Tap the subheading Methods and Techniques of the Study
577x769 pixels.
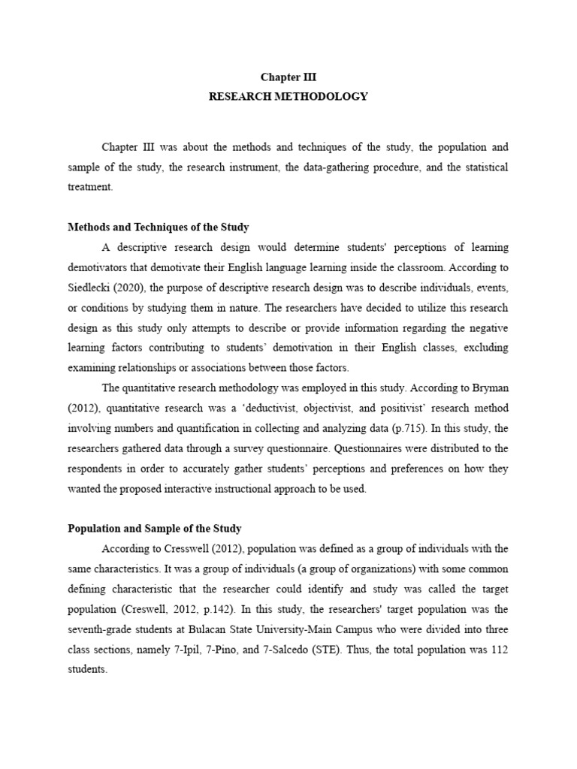[x=159, y=227]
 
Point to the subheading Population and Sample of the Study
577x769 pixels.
[x=154, y=529]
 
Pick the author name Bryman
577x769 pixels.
[x=489, y=388]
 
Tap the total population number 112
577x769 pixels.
[x=499, y=650]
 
